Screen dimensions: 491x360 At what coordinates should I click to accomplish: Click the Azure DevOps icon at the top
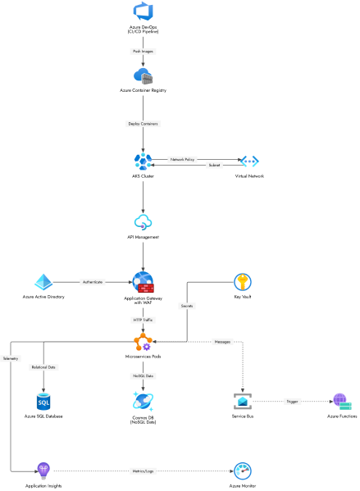143,11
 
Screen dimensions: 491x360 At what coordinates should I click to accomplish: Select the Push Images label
143,51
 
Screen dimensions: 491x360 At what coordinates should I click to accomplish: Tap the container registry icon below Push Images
143,76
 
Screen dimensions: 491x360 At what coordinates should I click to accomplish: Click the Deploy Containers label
143,124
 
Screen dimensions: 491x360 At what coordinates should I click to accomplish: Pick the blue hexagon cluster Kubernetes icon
143,161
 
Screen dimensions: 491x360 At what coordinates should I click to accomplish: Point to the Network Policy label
182,159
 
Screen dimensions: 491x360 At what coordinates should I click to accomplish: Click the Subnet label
214,165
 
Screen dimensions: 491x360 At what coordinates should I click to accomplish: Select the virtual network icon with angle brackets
249,161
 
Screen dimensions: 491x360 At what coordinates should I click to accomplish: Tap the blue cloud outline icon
143,221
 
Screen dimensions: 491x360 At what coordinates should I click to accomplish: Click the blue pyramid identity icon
43,282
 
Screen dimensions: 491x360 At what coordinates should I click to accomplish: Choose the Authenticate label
93,282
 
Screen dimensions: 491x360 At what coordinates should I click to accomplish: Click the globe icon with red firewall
143,282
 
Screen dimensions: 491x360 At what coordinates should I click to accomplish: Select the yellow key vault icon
242,282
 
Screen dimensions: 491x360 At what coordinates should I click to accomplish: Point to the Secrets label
187,306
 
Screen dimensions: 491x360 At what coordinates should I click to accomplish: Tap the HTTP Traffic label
143,320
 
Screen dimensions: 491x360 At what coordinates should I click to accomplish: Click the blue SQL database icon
43,401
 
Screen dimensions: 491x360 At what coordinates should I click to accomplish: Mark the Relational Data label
43,367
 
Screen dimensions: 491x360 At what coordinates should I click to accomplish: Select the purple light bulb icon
43,471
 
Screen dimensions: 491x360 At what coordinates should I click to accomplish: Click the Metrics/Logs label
143,471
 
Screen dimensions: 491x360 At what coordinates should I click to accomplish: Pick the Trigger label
292,401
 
